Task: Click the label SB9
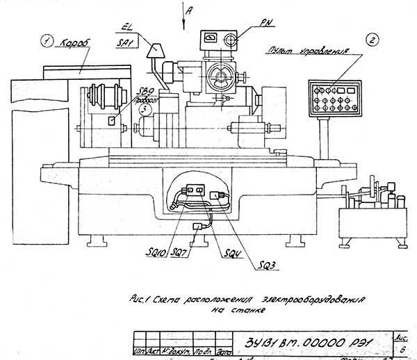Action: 147,92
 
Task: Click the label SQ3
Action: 268,265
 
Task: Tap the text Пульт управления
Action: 299,51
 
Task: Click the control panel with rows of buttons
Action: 336,98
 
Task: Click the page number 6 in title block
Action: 404,350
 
